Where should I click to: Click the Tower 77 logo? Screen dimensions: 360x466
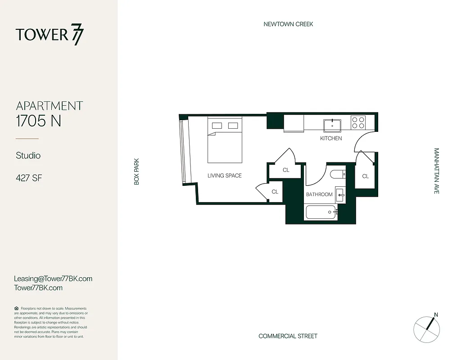click(x=50, y=35)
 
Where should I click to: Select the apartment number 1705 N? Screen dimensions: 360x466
click(x=38, y=121)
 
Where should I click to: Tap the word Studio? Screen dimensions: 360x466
click(x=28, y=156)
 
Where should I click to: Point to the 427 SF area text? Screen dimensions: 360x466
click(x=29, y=178)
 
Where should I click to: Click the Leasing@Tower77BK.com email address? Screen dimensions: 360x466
click(x=53, y=279)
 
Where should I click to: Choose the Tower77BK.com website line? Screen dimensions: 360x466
click(x=38, y=288)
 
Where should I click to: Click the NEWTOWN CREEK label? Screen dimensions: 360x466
click(x=288, y=24)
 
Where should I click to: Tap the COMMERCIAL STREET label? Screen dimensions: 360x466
click(x=288, y=336)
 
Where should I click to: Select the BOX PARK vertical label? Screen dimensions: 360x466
click(x=136, y=171)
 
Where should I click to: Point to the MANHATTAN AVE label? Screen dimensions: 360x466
click(x=436, y=171)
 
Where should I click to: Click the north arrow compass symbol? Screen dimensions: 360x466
click(x=427, y=327)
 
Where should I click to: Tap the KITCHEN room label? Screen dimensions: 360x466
click(x=331, y=139)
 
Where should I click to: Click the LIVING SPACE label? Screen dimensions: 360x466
click(x=224, y=175)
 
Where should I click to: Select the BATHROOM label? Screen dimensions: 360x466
click(x=319, y=194)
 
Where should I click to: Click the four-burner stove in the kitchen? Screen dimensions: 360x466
click(x=358, y=122)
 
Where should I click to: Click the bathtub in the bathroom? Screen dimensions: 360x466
click(x=321, y=211)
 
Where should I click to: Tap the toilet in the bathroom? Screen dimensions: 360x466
click(x=337, y=174)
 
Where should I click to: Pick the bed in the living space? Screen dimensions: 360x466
click(x=225, y=140)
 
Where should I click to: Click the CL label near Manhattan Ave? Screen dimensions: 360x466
click(x=365, y=176)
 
